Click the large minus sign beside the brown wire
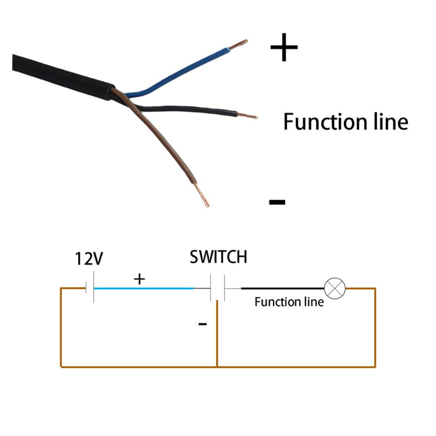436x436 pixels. click(277, 201)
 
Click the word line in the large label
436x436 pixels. click(386, 122)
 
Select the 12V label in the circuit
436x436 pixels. click(89, 259)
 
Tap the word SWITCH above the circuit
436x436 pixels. click(218, 257)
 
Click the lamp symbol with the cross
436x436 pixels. click(335, 288)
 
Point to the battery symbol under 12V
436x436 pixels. click(90, 288)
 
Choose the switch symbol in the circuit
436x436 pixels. click(217, 288)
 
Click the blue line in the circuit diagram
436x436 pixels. click(144, 288)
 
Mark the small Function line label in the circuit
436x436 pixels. click(289, 302)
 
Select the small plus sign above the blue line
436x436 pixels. click(139, 279)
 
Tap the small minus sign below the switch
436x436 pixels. click(202, 324)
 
